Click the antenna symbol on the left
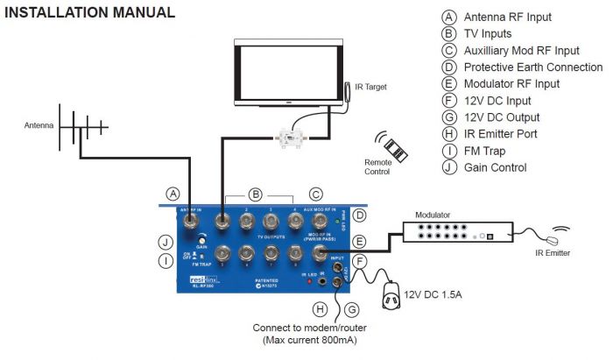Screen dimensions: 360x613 82,127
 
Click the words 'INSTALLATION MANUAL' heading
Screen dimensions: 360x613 90,13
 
